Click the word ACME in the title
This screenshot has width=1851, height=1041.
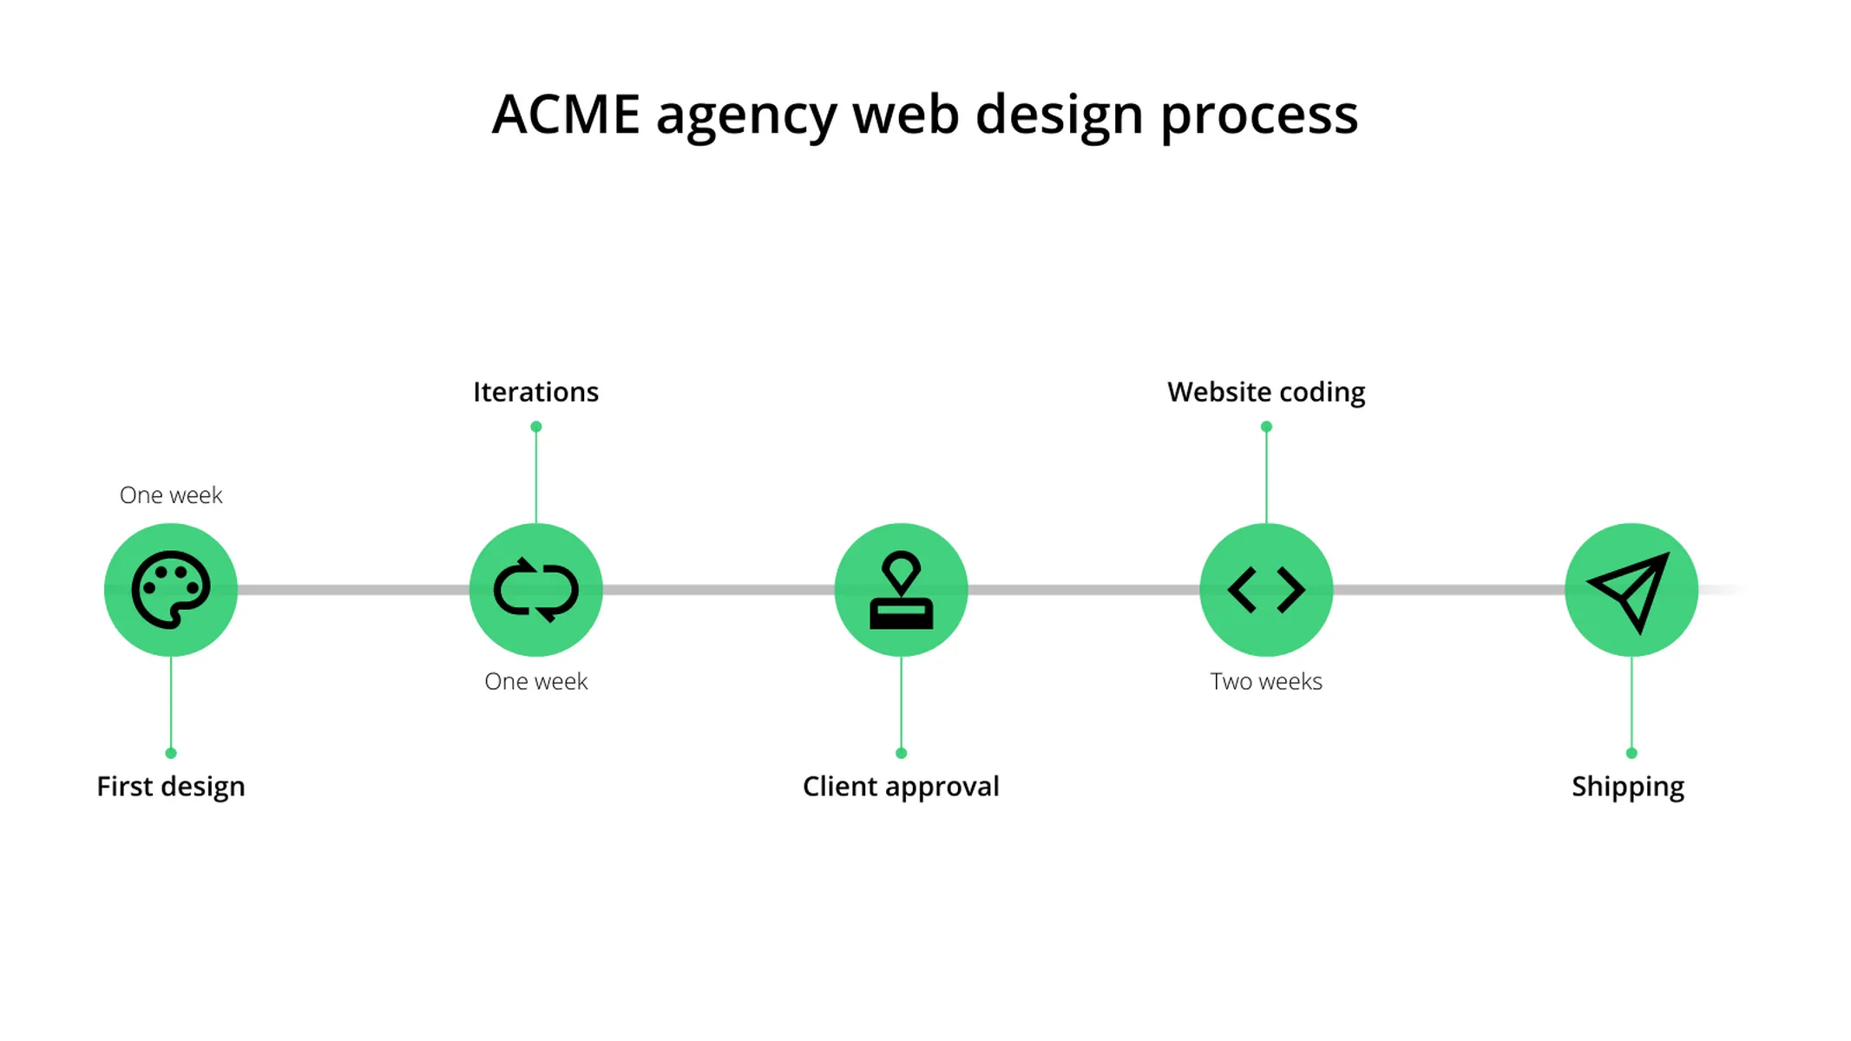tap(566, 115)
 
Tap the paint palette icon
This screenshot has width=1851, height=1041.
tap(171, 590)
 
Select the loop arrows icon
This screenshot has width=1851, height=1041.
tap(536, 590)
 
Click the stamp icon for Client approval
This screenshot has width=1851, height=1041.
tap(901, 590)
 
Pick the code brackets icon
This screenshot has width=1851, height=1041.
tap(1266, 590)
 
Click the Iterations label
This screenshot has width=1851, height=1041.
tap(535, 392)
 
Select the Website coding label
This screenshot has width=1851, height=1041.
tap(1266, 392)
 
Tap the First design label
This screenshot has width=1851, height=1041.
tap(171, 787)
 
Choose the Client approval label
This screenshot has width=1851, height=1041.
tap(901, 787)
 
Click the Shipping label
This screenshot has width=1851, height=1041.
tap(1628, 787)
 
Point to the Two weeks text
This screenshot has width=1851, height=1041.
tap(1266, 682)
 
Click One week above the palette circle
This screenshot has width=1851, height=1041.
tap(171, 495)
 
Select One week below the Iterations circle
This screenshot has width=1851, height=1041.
tap(536, 682)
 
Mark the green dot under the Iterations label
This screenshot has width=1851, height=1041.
tap(536, 427)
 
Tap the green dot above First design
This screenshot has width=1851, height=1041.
tap(171, 753)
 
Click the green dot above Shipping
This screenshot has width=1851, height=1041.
tap(1631, 753)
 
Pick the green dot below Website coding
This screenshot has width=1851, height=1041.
tap(1266, 427)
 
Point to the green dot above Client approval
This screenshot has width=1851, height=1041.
tap(901, 753)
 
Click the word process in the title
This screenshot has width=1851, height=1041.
tap(1259, 116)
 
